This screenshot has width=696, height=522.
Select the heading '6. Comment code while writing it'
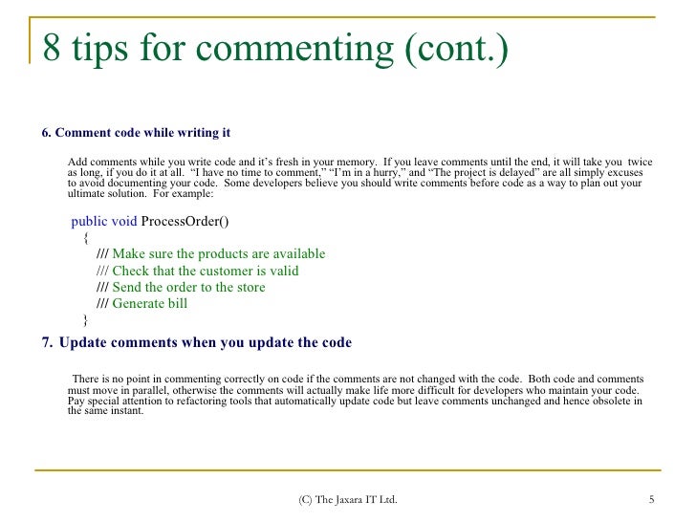135,132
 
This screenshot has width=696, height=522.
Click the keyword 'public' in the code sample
89,221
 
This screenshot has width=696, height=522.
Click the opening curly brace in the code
85,237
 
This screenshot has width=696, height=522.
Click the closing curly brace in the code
85,320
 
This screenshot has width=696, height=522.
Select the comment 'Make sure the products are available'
218,254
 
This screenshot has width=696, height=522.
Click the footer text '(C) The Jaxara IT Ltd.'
348,500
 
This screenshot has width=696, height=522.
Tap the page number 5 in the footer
651,500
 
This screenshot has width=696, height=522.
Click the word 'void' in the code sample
124,221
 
